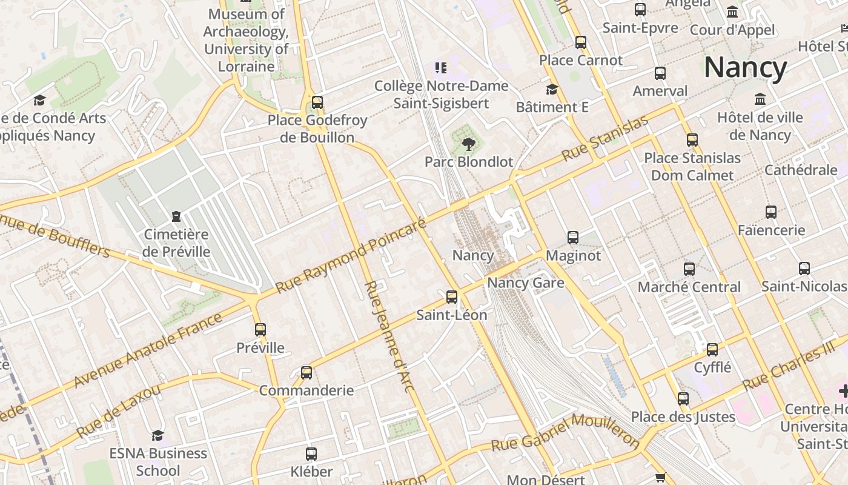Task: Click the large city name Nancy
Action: tap(745, 67)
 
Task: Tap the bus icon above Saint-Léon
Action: tap(452, 297)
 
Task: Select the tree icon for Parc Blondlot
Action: tap(468, 144)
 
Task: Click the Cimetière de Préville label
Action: tap(177, 243)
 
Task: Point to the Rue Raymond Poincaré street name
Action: tap(351, 255)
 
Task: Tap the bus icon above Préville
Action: tap(260, 330)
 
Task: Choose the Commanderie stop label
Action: tap(306, 390)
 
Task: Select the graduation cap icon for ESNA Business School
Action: tap(157, 435)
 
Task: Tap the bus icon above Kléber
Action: tap(311, 453)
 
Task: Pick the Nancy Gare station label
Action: tap(526, 283)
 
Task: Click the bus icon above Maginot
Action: tap(573, 238)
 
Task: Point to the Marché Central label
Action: tap(689, 287)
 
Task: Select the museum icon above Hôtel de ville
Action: tap(760, 99)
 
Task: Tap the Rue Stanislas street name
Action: tap(605, 138)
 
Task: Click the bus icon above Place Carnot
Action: tap(581, 42)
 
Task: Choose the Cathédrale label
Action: tap(801, 170)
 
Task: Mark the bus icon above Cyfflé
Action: tap(712, 350)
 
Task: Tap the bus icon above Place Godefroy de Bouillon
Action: tap(317, 102)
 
